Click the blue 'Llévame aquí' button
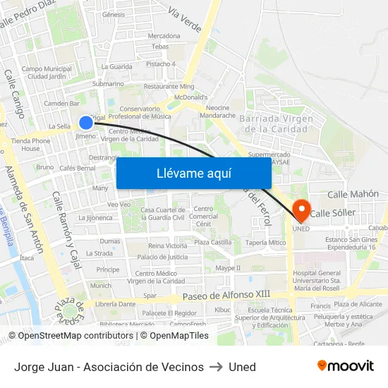193,173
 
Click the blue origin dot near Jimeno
86,122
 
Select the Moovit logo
345,366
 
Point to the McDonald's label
190,97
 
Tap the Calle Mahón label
353,194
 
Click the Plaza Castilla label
212,242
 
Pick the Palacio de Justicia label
162,257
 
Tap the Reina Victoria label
167,245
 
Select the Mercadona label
164,35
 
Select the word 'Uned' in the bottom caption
242,367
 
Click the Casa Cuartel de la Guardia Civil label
163,214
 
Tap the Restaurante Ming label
169,86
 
